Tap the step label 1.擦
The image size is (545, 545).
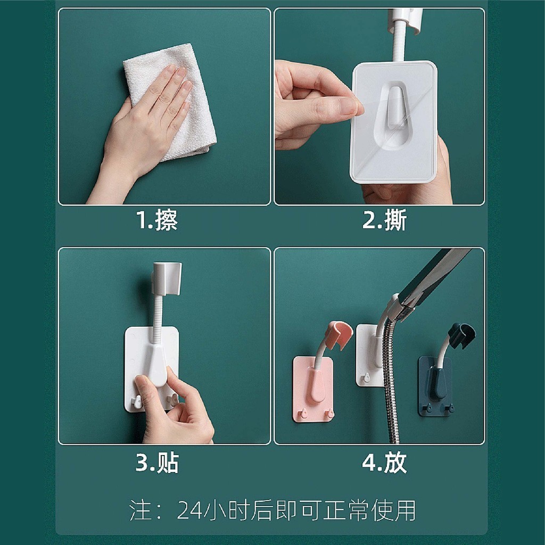(x=157, y=220)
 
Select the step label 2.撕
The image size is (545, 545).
(x=384, y=220)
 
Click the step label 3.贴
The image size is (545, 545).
(x=157, y=463)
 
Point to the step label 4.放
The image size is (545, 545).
(x=384, y=463)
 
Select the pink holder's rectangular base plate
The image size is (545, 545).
(x=313, y=389)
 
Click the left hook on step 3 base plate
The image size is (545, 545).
(x=136, y=402)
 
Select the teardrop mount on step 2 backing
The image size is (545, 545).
(x=393, y=115)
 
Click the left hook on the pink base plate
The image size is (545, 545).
(x=304, y=414)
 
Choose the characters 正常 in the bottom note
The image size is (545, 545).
(x=346, y=510)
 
